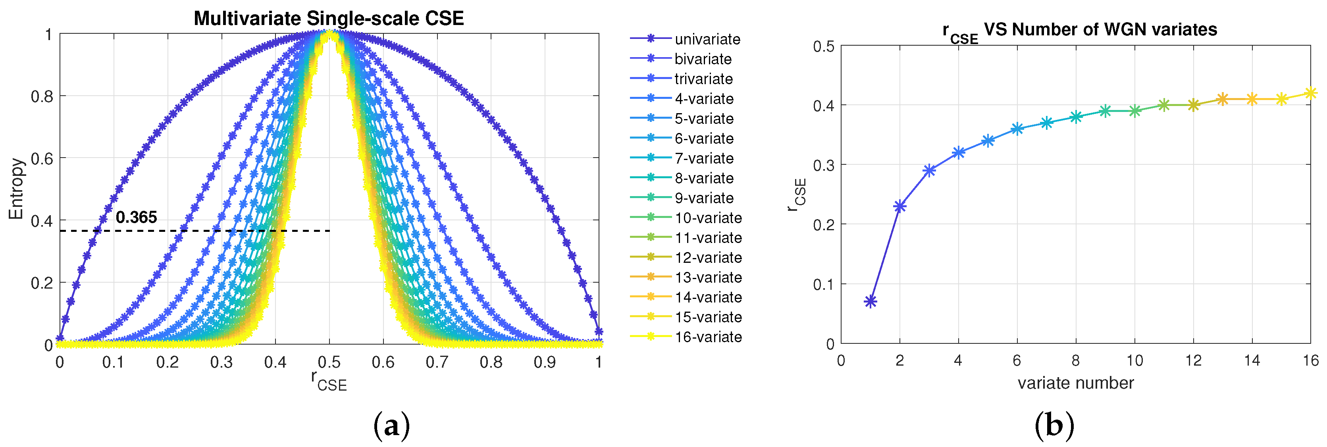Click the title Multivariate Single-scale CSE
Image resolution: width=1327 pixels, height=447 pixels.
click(x=329, y=19)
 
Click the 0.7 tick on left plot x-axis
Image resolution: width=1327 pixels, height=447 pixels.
click(x=437, y=362)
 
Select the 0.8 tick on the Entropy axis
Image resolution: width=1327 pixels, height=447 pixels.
click(x=42, y=97)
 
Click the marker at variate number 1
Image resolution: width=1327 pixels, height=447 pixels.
click(x=871, y=302)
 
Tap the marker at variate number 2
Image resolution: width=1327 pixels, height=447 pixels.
click(x=900, y=206)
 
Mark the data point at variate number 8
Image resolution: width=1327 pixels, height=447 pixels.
click(x=1076, y=117)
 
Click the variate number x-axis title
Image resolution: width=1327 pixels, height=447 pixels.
click(x=1076, y=383)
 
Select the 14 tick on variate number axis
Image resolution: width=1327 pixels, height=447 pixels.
click(x=1252, y=360)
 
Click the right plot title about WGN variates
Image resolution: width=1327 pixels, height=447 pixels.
click(x=1080, y=31)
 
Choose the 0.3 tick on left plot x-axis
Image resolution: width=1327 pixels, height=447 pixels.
click(x=221, y=362)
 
